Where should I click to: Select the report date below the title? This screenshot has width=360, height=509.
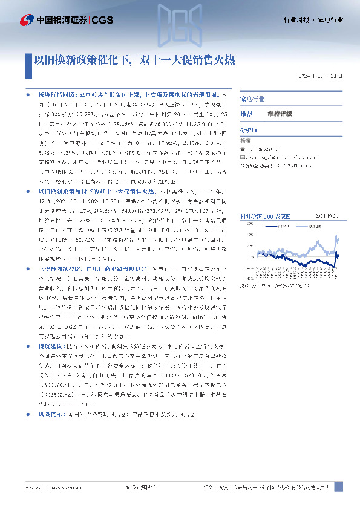[323, 76]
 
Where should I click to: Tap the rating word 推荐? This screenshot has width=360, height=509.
[247, 113]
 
